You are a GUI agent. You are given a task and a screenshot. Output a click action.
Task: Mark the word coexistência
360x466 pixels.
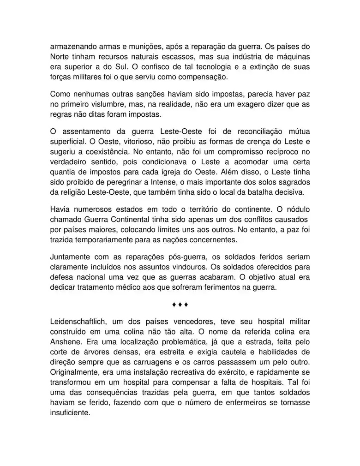click(x=108, y=151)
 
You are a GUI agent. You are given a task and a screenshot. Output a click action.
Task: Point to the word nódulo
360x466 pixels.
click(x=296, y=209)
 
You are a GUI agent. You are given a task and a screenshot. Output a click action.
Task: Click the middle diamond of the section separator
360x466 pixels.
click(x=180, y=305)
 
